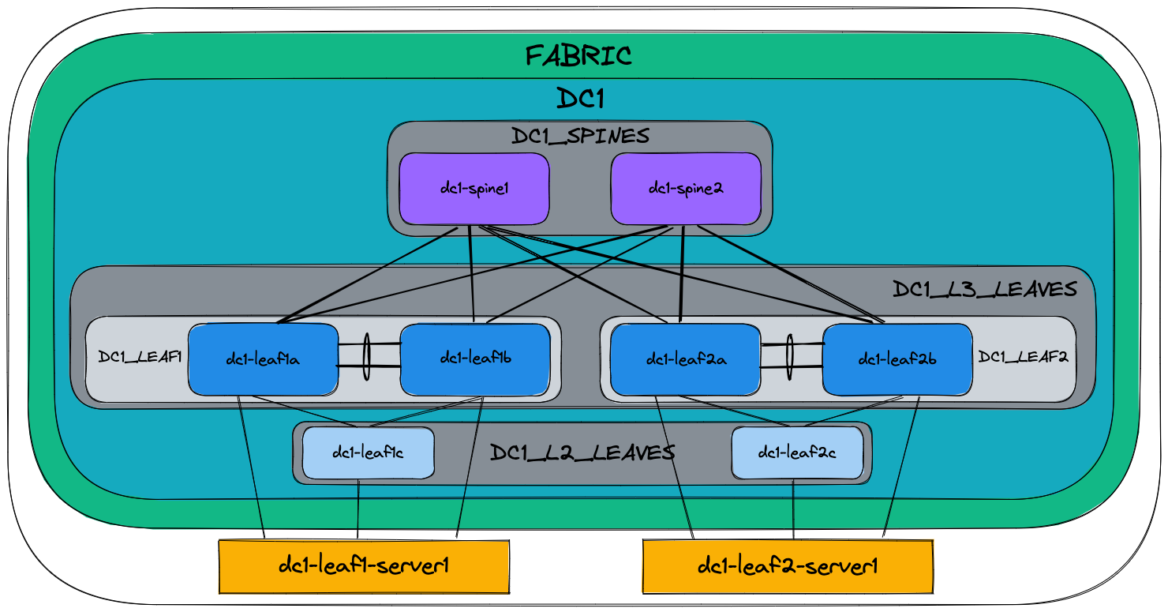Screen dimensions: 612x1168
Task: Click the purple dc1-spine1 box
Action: pyautogui.click(x=474, y=189)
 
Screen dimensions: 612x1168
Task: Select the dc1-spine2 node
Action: pyautogui.click(x=686, y=189)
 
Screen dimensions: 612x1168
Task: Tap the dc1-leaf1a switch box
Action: pyautogui.click(x=263, y=359)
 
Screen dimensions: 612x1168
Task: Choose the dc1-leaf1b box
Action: pyautogui.click(x=475, y=359)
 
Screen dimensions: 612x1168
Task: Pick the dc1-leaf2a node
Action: pyautogui.click(x=686, y=359)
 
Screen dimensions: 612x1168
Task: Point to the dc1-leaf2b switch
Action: pyautogui.click(x=897, y=359)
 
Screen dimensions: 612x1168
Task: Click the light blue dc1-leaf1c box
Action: pyautogui.click(x=368, y=452)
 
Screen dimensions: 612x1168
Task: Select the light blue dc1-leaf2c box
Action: pyautogui.click(x=796, y=452)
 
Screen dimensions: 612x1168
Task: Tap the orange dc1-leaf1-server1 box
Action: pyautogui.click(x=364, y=565)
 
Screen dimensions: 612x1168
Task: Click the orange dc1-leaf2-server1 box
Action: pyautogui.click(x=788, y=565)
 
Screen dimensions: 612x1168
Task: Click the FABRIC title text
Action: pyautogui.click(x=578, y=56)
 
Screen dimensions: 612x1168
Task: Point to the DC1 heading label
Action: pyautogui.click(x=580, y=99)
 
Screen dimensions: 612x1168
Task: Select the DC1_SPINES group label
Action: pyautogui.click(x=580, y=136)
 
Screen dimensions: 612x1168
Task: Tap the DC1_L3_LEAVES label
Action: pyautogui.click(x=984, y=290)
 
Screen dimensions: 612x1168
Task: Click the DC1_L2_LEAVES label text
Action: pyautogui.click(x=582, y=452)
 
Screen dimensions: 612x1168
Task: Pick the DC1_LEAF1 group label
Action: pyautogui.click(x=140, y=357)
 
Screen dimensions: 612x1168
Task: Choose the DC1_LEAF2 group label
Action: pyautogui.click(x=1023, y=357)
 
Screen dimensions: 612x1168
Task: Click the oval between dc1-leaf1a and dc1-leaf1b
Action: pyautogui.click(x=366, y=357)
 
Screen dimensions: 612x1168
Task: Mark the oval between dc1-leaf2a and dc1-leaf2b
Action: pyautogui.click(x=789, y=357)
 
